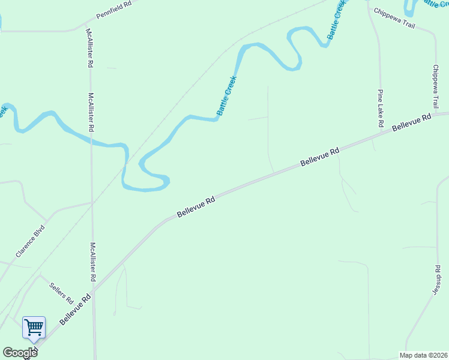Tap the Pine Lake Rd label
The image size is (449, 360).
[381, 108]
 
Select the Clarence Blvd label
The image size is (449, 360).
[31, 242]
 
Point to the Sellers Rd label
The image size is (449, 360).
[61, 292]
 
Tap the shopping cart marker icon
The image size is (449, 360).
[34, 328]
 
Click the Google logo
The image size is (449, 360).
[20, 353]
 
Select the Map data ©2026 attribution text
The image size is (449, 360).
[424, 355]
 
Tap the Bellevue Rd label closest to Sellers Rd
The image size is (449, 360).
[75, 310]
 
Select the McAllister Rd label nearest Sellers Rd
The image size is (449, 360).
[93, 262]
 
